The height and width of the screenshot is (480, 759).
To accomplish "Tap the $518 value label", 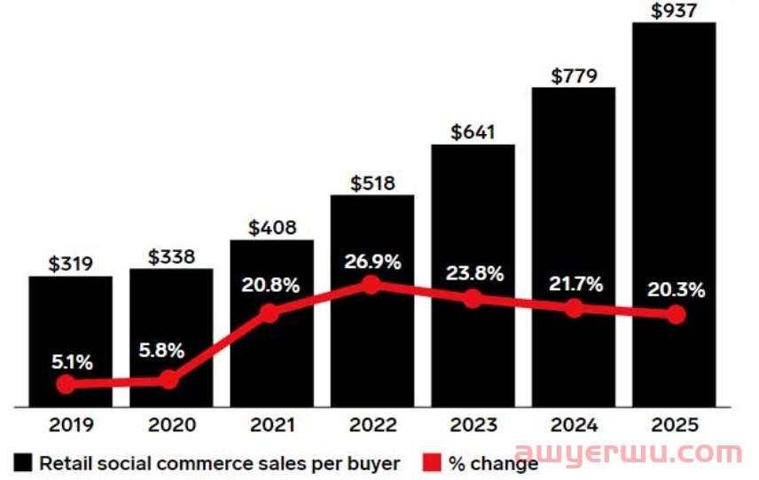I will coord(372,184).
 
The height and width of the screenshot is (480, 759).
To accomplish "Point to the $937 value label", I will coord(675,11).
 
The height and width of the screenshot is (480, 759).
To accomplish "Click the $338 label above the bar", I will coord(171,257).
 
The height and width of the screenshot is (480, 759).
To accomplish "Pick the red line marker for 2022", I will coord(372,285).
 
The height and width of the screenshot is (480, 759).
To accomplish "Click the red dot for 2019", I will coord(66,384).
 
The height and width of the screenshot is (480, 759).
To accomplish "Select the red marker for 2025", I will coord(676,315).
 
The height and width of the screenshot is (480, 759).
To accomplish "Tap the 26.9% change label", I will coord(372,262).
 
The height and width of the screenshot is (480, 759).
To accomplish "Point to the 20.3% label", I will coord(676,289).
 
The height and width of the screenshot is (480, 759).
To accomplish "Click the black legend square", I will coord(23,462).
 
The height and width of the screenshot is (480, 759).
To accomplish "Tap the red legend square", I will coord(432,462).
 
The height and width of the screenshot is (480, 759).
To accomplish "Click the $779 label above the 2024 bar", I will coord(574,76).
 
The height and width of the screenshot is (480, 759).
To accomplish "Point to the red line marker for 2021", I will coord(270,312).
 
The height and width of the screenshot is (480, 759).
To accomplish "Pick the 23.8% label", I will coord(473,273).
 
